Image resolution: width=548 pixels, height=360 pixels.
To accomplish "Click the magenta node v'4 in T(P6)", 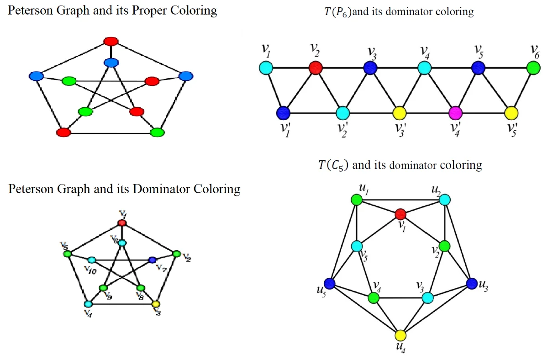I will click(455, 112).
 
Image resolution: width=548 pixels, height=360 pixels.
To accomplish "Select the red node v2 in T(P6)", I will click(315, 69).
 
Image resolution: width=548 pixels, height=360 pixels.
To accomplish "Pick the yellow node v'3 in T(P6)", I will click(400, 112).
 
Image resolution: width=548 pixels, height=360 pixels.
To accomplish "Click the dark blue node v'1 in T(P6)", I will click(284, 112).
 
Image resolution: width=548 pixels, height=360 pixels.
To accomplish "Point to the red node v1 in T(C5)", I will click(400, 214).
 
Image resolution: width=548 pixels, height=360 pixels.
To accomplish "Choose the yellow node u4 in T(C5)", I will click(400, 335).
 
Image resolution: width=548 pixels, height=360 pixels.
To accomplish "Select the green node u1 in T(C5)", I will click(357, 200).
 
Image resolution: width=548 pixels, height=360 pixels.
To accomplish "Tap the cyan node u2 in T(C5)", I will click(445, 200).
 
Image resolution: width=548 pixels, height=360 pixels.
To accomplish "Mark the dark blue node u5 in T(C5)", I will click(329, 283).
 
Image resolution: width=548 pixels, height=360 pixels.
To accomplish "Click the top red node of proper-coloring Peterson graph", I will click(111, 42).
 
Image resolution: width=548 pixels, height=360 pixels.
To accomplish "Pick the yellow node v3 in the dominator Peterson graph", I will click(156, 304).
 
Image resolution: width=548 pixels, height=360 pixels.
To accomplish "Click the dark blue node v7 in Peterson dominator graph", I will click(152, 260).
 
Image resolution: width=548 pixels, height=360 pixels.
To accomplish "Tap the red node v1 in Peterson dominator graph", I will click(122, 222).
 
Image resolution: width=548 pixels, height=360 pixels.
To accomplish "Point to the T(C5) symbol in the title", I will click(333, 165).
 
